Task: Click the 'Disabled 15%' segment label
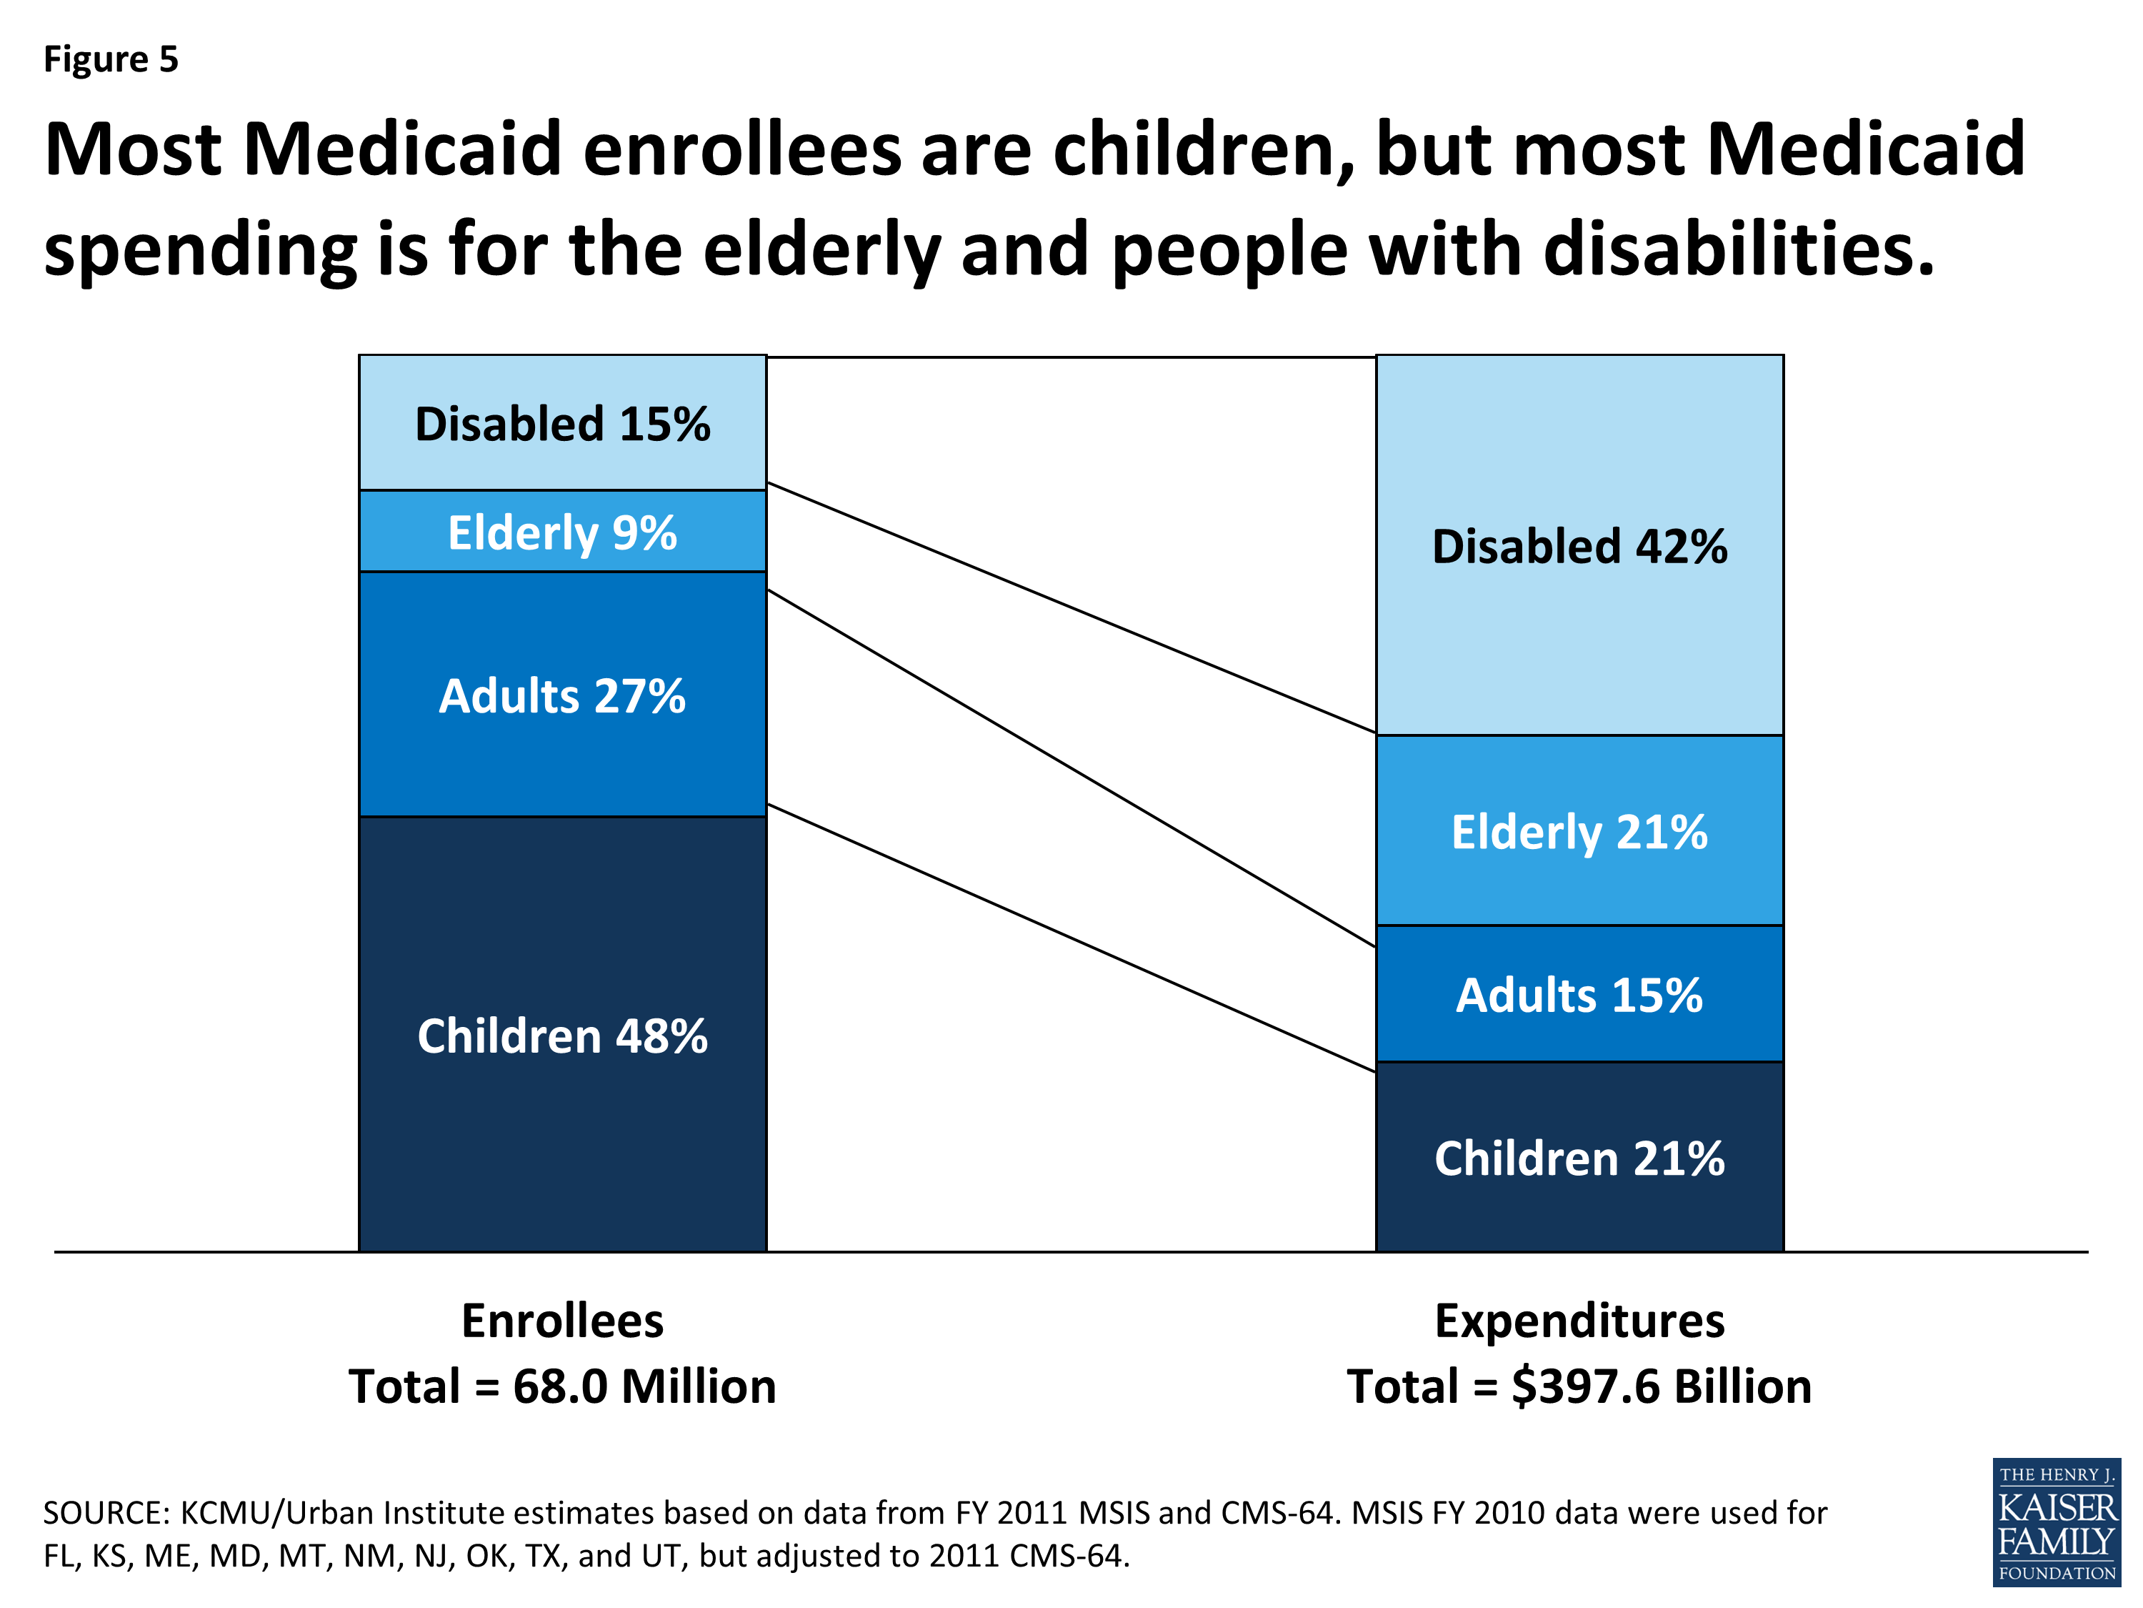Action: tap(562, 425)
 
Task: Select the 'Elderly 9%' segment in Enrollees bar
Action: tap(562, 532)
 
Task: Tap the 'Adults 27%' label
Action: tap(562, 696)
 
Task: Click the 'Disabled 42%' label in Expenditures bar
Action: tap(1579, 547)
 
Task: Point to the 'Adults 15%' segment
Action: tap(1579, 996)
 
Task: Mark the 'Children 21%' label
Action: tap(1579, 1158)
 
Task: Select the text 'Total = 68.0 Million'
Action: tap(562, 1386)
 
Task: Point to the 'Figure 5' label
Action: tap(111, 59)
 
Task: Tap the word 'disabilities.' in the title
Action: tap(1739, 249)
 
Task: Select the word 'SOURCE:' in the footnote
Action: tap(106, 1513)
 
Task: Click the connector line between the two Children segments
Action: tap(1071, 938)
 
